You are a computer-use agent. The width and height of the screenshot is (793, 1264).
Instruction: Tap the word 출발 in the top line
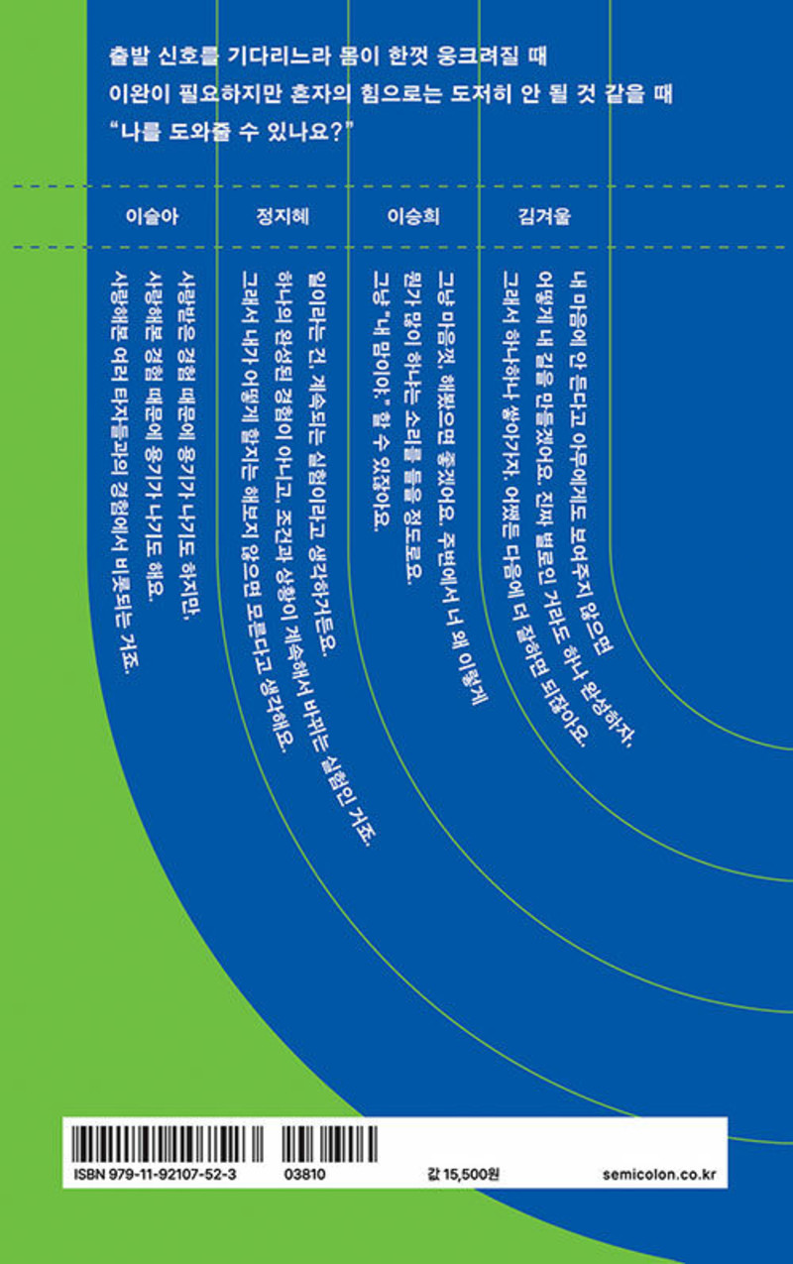(x=132, y=57)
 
